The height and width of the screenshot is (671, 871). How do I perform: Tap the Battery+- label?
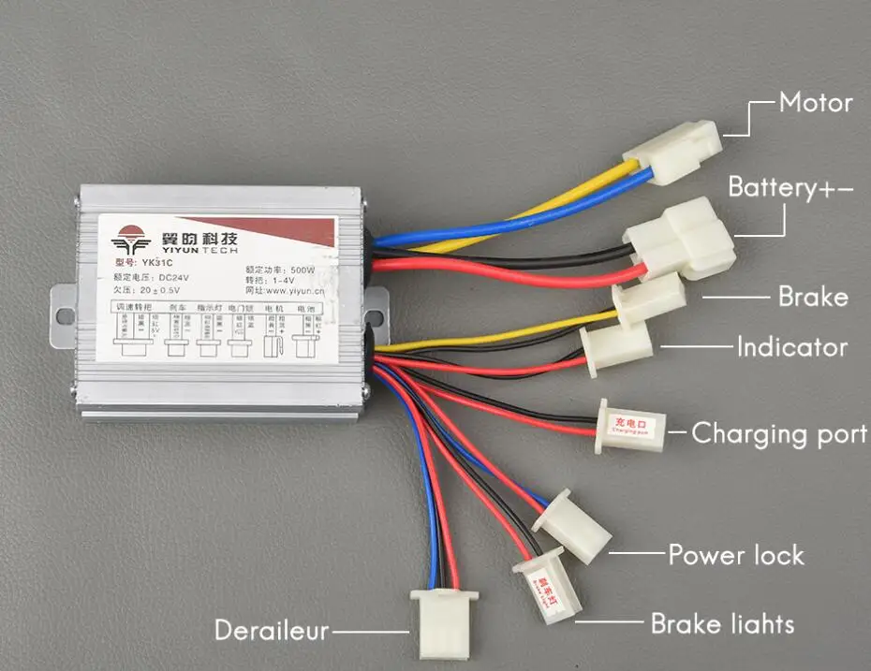pyautogui.click(x=790, y=187)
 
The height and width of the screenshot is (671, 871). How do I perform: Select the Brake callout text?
pyautogui.click(x=812, y=298)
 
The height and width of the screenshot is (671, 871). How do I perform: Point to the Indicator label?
pyautogui.click(x=791, y=347)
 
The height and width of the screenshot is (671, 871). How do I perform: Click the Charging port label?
pyautogui.click(x=778, y=433)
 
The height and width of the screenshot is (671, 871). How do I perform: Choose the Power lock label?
pyautogui.click(x=735, y=555)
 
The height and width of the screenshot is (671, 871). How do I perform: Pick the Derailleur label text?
pyautogui.click(x=272, y=630)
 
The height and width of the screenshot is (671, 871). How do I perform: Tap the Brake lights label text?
pyautogui.click(x=722, y=623)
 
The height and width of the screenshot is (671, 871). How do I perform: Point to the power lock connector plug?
pyautogui.click(x=573, y=525)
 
